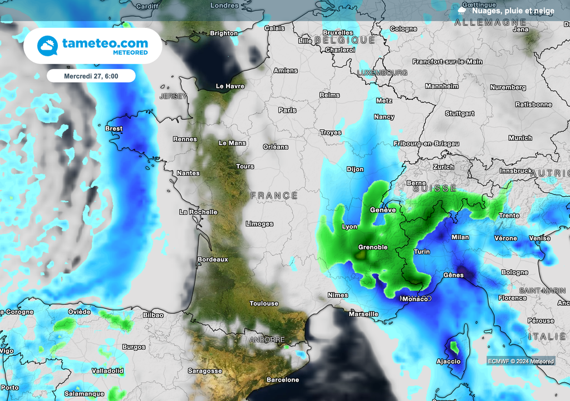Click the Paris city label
287,110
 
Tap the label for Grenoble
372,247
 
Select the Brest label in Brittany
114,129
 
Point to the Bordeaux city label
213,259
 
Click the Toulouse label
264,303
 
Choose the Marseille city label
363,314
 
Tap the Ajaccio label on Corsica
448,361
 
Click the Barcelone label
283,380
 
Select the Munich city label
520,138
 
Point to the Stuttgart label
460,113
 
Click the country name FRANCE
274,195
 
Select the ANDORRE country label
267,340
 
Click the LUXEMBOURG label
382,73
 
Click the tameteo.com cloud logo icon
48,46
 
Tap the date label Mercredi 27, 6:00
91,75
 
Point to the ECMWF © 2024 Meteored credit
520,361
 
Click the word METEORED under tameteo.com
130,52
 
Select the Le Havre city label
230,86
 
